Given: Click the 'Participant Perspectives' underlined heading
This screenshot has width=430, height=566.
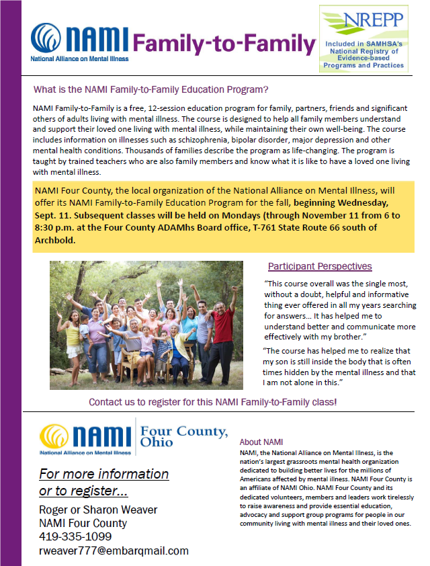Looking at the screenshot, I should [320, 266].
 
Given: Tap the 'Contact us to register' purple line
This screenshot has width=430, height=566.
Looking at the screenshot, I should [213, 402].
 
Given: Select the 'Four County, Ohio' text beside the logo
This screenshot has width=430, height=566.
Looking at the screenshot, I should [183, 436].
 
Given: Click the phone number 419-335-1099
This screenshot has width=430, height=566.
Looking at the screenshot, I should [75, 536].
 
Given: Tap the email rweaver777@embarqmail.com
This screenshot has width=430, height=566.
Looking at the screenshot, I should [114, 551].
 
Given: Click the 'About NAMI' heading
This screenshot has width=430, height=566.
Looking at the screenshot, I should [261, 442].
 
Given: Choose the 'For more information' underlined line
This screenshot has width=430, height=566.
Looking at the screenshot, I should [103, 475].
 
